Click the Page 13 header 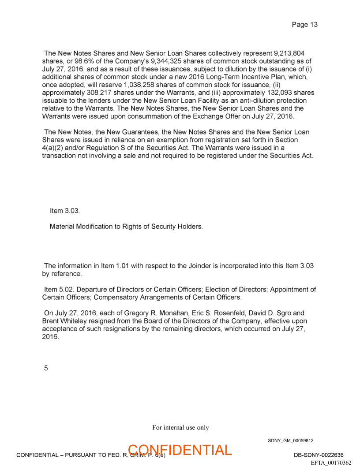click(304, 25)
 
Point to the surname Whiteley click(77, 321)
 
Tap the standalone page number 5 click(46, 368)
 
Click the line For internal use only click(180, 428)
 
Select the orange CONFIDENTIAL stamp click(180, 450)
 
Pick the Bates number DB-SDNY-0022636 click(319, 455)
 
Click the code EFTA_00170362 click(331, 462)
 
